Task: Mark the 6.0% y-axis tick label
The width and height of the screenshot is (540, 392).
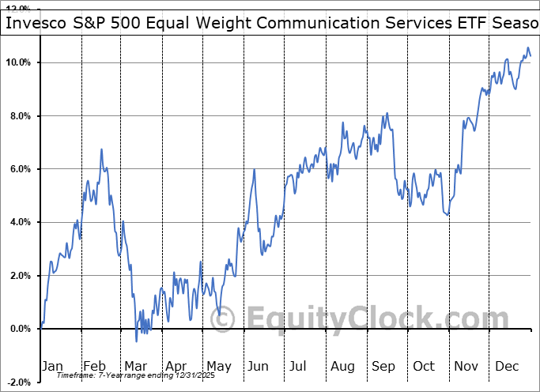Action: pyautogui.click(x=19, y=169)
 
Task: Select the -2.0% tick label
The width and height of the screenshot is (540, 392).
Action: pyautogui.click(x=17, y=383)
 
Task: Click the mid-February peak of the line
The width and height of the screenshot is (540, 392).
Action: pyautogui.click(x=101, y=149)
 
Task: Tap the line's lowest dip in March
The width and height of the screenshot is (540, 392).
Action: pyautogui.click(x=136, y=341)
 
